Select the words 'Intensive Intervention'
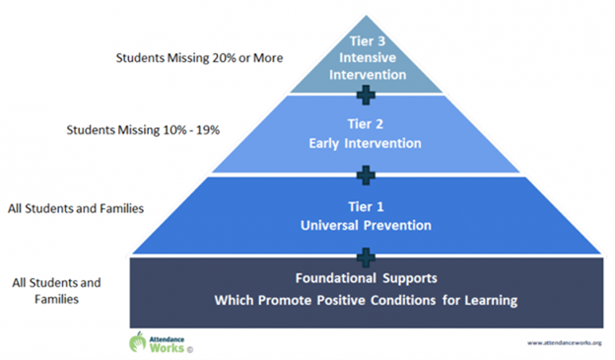tap(366, 63)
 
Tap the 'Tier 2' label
tap(366, 125)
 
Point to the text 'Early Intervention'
tap(366, 144)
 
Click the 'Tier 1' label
tap(366, 207)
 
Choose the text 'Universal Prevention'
tap(366, 226)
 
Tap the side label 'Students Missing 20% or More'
tap(198, 58)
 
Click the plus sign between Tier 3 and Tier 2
tap(366, 94)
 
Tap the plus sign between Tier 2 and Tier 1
tap(366, 175)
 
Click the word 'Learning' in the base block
tap(493, 300)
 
